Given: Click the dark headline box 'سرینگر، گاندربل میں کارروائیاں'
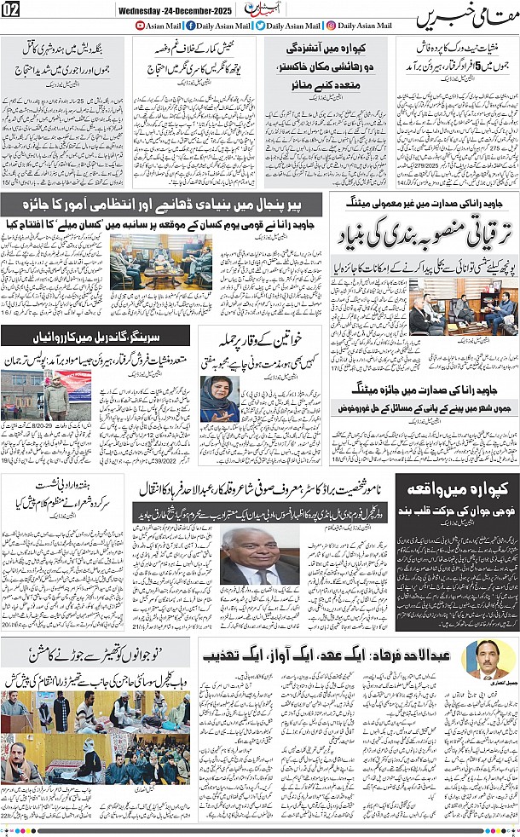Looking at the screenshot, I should [101, 336].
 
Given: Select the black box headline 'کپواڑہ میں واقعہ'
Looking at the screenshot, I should [465, 493].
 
